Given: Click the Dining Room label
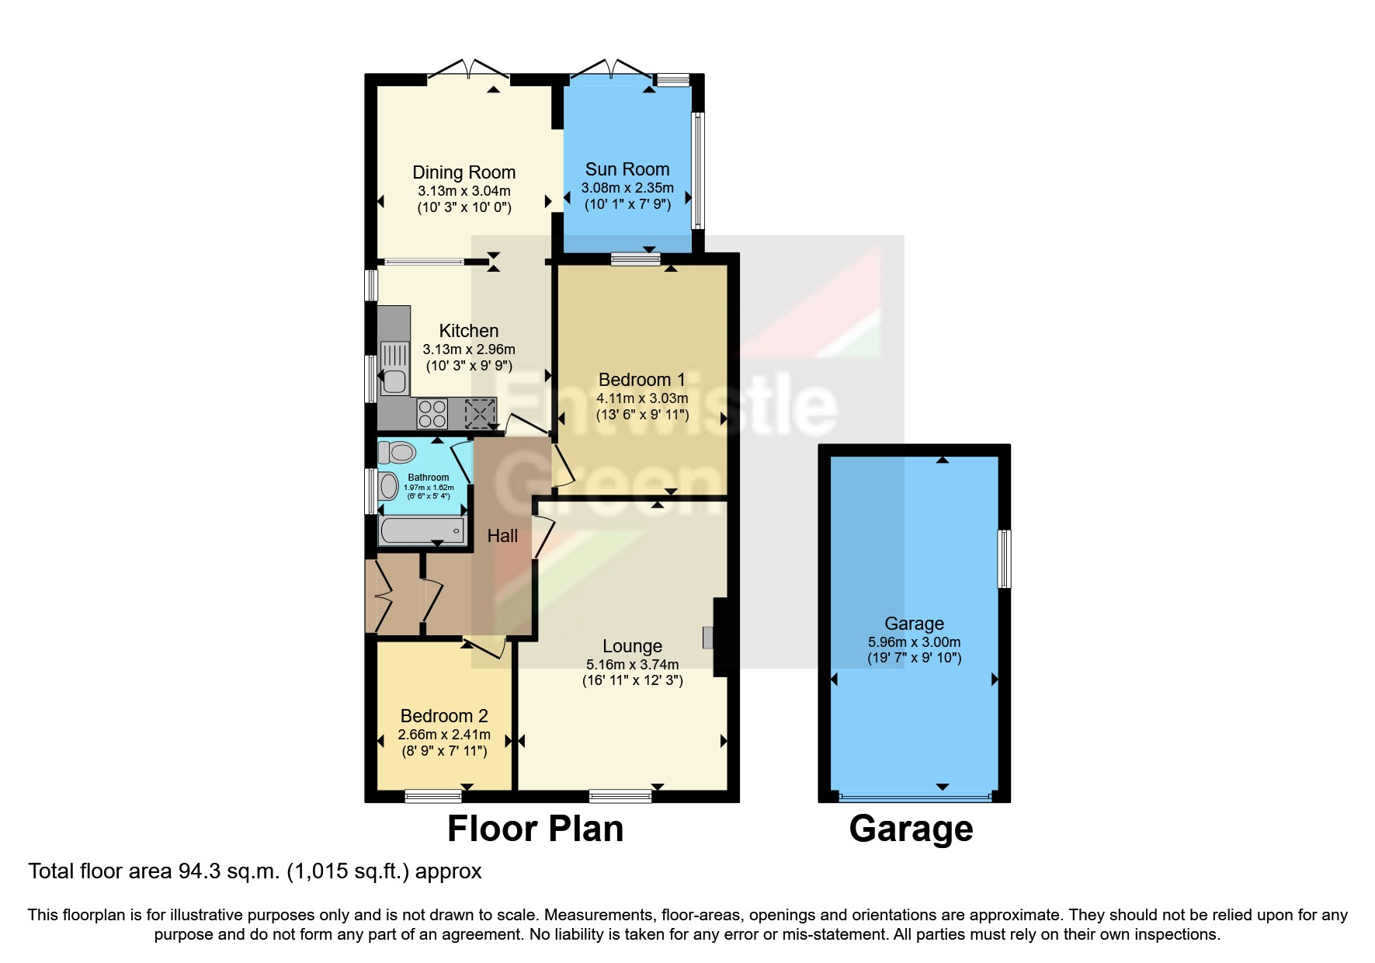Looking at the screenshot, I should (464, 172).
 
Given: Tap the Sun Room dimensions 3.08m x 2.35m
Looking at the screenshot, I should (627, 188).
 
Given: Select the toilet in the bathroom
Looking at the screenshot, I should (398, 451).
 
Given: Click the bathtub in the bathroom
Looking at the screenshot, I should (422, 530).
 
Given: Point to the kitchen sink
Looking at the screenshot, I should (394, 369).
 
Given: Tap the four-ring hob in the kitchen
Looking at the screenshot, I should (432, 413).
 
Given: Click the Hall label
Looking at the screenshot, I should (502, 536).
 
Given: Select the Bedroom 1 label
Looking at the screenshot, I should (641, 380).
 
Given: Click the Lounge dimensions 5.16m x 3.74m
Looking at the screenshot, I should (632, 665).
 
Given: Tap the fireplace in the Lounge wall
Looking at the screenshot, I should (709, 637).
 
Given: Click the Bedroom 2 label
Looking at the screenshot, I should (444, 716).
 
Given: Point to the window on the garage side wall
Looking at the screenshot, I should (1004, 558).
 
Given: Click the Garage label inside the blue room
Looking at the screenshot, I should (914, 624).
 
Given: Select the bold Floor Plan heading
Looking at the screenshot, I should (535, 829).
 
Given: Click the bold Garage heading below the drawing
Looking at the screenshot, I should (911, 829).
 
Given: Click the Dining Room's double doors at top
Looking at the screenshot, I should (468, 70).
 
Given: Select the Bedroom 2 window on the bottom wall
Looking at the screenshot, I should (433, 796).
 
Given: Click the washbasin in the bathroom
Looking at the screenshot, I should (389, 487).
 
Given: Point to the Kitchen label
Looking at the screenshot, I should (468, 331).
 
